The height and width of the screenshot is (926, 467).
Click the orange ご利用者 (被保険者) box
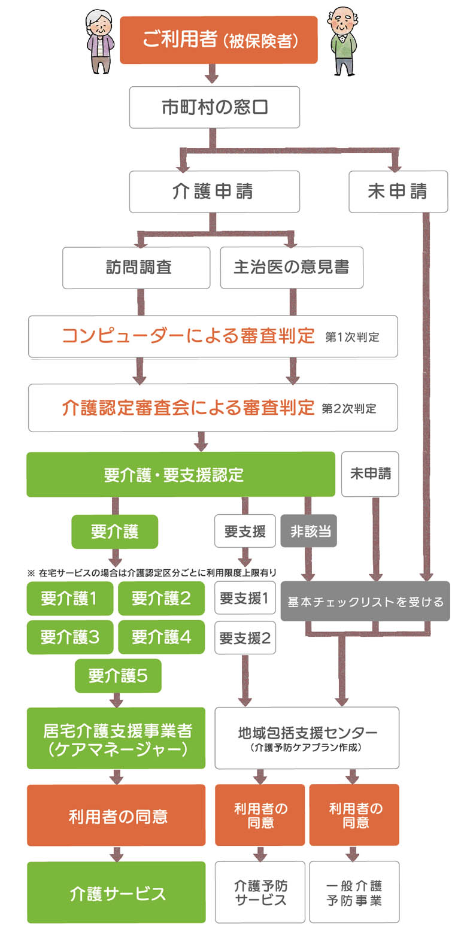coord(219,40)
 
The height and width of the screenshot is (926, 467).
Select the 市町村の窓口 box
coord(214,107)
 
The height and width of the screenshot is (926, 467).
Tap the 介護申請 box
coord(214,192)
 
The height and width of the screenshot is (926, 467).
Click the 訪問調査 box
coord(136,268)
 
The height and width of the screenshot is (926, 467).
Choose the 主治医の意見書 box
coord(292,268)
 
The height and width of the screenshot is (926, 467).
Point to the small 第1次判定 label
coord(352,337)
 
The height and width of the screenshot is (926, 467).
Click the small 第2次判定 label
coord(348,408)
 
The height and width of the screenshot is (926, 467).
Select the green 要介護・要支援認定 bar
coord(181,474)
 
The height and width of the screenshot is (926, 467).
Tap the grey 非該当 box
coord(308,531)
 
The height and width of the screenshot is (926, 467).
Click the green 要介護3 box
coord(70,637)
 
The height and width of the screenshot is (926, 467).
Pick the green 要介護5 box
coord(118,676)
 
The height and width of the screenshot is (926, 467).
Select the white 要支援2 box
coord(245,638)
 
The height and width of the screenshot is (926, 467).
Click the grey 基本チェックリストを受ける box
coord(365,601)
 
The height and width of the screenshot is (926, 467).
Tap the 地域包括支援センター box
coord(307,738)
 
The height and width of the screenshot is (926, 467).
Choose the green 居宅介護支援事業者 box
coord(116,738)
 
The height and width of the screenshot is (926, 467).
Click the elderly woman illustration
coord(100,41)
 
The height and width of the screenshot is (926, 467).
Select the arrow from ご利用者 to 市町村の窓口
coord(212,74)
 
